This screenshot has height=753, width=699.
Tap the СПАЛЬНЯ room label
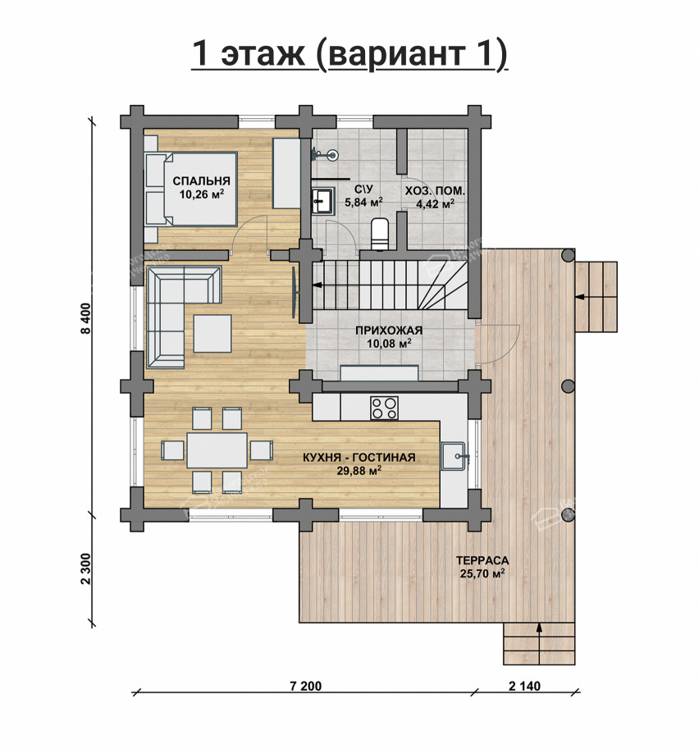click(x=201, y=181)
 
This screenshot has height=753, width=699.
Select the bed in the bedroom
click(x=191, y=189)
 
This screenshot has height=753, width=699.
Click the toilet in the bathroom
click(x=380, y=234)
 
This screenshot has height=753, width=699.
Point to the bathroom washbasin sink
click(x=322, y=200)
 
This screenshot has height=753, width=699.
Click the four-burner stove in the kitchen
click(x=384, y=408)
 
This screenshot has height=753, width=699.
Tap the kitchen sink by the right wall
click(x=453, y=456)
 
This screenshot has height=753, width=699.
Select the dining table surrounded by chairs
click(x=217, y=450)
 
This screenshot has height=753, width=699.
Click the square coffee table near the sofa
click(x=212, y=333)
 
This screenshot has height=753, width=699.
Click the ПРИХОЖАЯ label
click(x=389, y=331)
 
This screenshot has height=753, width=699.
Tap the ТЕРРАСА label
click(x=482, y=560)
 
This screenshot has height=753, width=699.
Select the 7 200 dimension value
click(x=305, y=686)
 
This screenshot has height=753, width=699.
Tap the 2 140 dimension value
click(x=524, y=686)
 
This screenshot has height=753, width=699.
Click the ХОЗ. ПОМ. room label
click(x=435, y=190)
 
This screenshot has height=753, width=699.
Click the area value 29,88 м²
click(x=359, y=470)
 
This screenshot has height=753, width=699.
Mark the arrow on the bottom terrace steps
click(x=540, y=644)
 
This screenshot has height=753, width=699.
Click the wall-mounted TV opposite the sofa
click(x=294, y=292)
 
